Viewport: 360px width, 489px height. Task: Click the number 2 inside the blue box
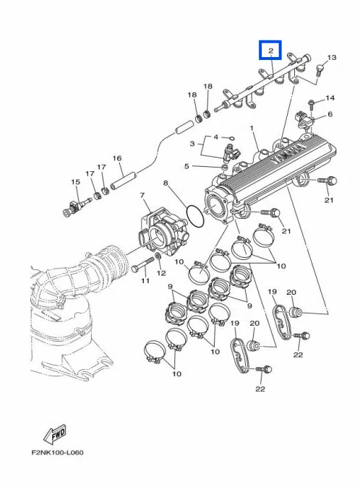point(270,51)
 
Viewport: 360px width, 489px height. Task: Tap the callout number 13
point(332,57)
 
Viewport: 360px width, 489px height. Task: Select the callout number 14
point(330,98)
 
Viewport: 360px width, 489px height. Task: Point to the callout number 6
point(330,114)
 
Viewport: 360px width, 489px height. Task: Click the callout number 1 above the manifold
point(252,128)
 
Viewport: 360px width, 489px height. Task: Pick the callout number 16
point(116,158)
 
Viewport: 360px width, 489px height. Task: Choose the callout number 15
point(74,181)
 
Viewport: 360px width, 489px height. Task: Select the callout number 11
point(145,280)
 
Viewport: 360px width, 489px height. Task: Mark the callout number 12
point(160,273)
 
